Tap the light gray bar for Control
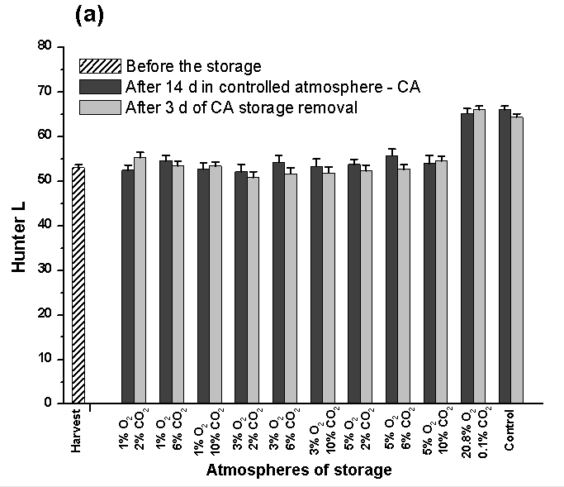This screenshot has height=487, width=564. pyautogui.click(x=518, y=260)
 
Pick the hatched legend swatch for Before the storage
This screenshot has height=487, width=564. pyautogui.click(x=99, y=66)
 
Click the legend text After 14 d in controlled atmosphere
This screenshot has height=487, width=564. pyautogui.click(x=273, y=86)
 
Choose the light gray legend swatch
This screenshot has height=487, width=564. pyautogui.click(x=99, y=107)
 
